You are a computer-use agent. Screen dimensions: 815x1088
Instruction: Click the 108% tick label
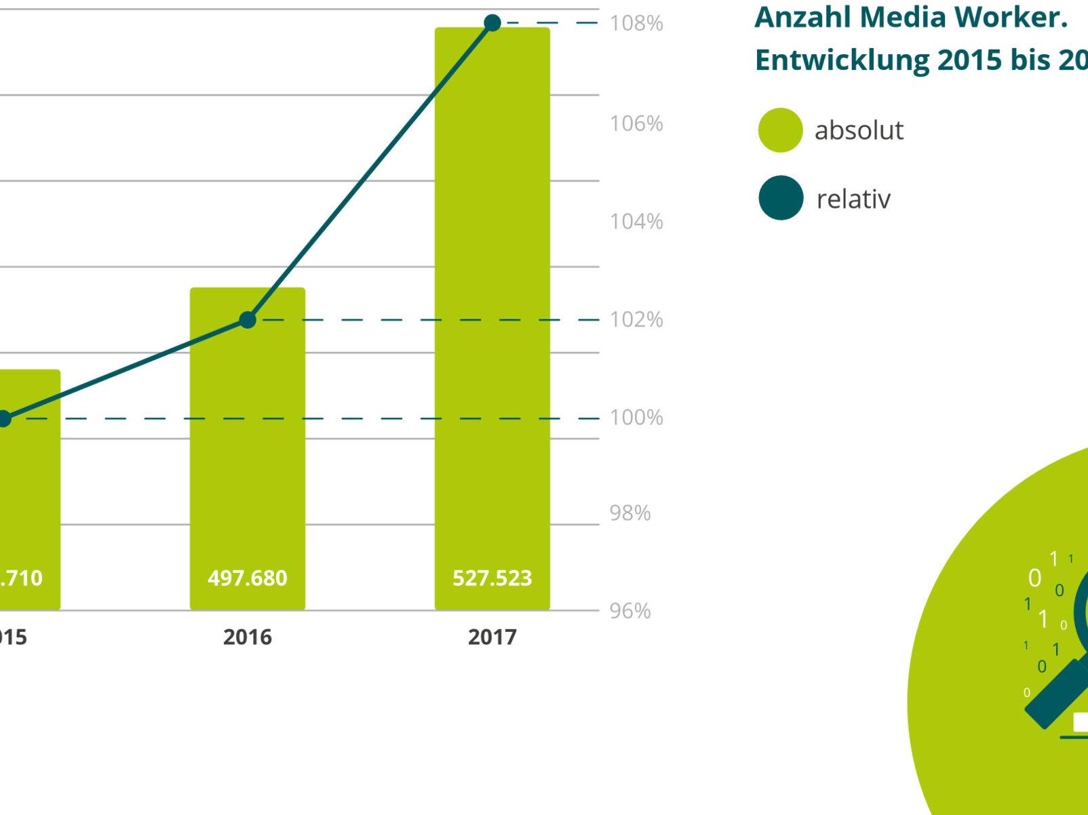coord(636,24)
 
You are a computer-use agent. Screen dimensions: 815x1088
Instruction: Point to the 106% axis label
coord(636,123)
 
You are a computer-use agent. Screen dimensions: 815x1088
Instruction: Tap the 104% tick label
coord(636,222)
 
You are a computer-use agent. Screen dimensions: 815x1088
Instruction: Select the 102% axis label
coord(636,319)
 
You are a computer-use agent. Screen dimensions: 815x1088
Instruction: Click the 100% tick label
coord(636,418)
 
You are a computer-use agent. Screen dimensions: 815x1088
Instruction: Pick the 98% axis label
coord(629,513)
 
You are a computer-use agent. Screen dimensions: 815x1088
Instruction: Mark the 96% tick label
coord(629,611)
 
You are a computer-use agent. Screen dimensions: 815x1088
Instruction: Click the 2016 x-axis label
coord(248,637)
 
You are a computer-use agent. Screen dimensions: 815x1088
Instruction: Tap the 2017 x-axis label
coord(492,637)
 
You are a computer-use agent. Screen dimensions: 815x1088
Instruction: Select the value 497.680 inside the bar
coord(248,578)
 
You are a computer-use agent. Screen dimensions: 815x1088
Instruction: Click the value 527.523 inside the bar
coord(492,578)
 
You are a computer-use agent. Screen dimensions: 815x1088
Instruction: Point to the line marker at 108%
coord(492,23)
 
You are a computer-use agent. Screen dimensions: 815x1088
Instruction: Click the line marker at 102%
coord(248,319)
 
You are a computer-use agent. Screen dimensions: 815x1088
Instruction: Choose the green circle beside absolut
coord(781,130)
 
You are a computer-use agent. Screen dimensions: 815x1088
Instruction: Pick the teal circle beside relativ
coord(781,198)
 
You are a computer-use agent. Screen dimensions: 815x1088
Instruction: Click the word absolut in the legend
coord(859,130)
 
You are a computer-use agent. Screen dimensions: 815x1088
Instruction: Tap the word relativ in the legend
coord(853,199)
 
